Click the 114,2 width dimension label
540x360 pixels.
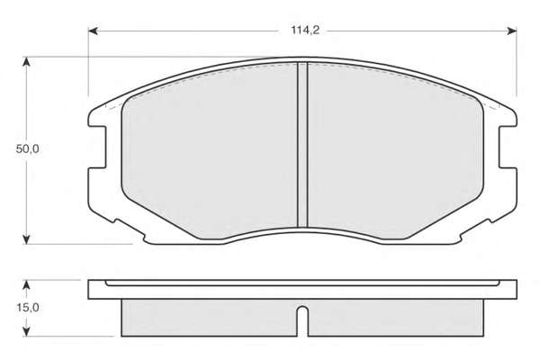tap(305, 31)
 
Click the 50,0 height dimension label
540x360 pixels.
tap(28, 149)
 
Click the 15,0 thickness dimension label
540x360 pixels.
tap(28, 307)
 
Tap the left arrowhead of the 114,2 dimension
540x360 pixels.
tap(94, 31)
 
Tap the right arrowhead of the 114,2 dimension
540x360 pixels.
tap(511, 31)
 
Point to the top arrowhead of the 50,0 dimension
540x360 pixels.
tap(26, 62)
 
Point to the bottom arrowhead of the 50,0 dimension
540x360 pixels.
tap(26, 239)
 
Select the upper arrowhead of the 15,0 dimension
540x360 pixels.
tap(26, 285)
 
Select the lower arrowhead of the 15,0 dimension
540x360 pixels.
tap(26, 331)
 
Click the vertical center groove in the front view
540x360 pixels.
tap(302, 145)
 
